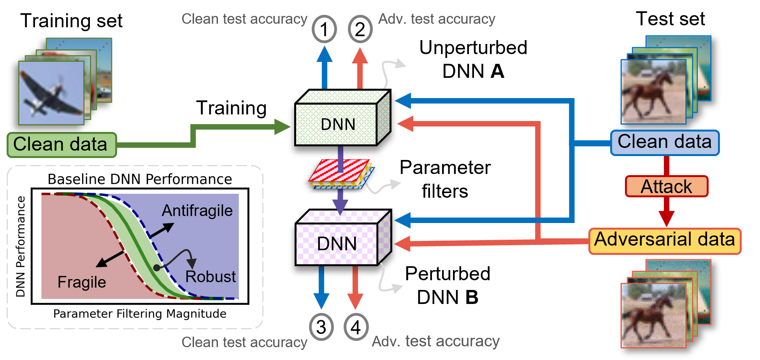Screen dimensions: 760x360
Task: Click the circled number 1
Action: (x=324, y=29)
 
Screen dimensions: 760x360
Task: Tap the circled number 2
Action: (x=360, y=29)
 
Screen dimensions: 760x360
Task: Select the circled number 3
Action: (x=321, y=327)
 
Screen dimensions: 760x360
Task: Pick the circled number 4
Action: (x=356, y=327)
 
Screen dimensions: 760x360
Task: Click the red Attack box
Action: (x=666, y=186)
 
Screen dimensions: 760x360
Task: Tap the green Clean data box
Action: (x=61, y=145)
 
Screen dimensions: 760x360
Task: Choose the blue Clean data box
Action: (x=665, y=143)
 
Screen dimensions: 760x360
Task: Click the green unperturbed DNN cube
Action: (x=342, y=118)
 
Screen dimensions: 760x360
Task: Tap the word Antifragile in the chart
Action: (x=197, y=211)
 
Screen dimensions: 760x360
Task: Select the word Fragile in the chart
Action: (x=82, y=282)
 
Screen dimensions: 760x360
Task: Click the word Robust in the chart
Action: (x=211, y=277)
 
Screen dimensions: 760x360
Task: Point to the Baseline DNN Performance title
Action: (x=140, y=179)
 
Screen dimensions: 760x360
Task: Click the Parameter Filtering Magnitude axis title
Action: (x=140, y=314)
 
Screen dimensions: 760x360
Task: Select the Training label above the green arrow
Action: (x=231, y=109)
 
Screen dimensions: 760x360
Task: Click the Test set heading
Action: (x=670, y=19)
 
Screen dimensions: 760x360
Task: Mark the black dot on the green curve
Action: (x=157, y=268)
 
